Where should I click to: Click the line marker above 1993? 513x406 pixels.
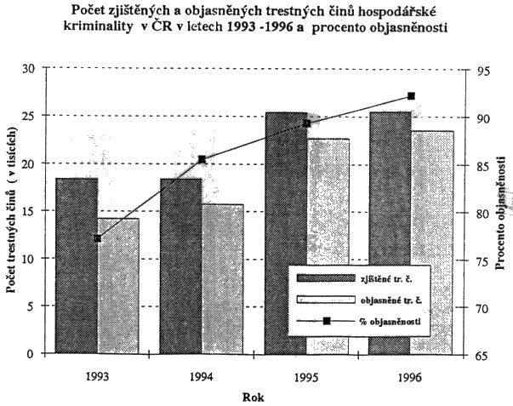[x=97, y=238]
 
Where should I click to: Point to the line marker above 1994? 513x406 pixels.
[x=202, y=159]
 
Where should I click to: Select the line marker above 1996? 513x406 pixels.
[x=411, y=96]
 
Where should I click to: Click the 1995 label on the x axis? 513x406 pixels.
[x=306, y=377]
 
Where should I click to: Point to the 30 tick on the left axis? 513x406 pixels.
[x=30, y=69]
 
